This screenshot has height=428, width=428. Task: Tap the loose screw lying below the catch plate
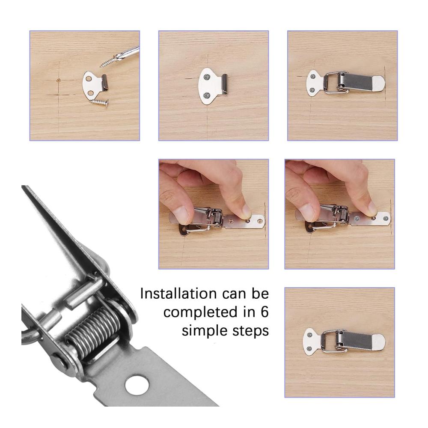pos(99,102)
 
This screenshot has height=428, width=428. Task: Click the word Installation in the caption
pos(178,294)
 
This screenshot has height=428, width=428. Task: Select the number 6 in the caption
pos(264,312)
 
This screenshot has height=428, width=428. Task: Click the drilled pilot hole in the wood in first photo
pos(58,80)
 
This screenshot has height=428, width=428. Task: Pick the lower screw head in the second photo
pos(207,95)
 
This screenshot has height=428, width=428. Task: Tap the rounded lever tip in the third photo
pos(379,83)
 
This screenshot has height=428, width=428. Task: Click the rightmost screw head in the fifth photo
pos(386,218)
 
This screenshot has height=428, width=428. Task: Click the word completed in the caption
pos(200,312)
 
